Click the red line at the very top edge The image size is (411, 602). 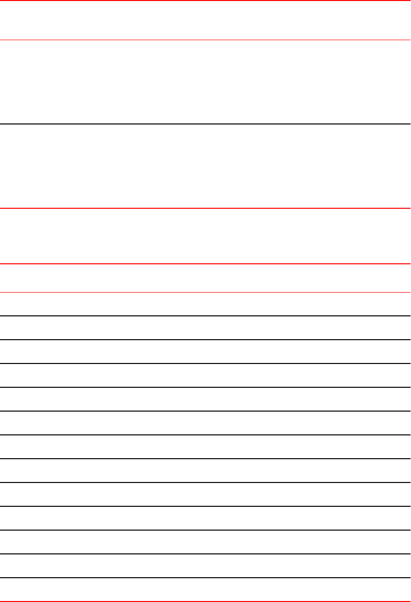[x=205, y=0]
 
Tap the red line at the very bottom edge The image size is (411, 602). [x=205, y=601]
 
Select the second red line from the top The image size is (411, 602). [x=205, y=40]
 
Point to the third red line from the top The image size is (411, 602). [x=205, y=208]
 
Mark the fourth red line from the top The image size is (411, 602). [x=205, y=263]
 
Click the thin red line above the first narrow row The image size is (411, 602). [x=205, y=292]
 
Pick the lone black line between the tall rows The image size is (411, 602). [x=205, y=124]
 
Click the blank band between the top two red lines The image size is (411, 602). [x=205, y=20]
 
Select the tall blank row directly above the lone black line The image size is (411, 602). [x=205, y=82]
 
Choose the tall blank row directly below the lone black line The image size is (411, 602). [x=205, y=166]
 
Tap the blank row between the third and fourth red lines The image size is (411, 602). [x=205, y=236]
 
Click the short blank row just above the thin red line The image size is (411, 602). [x=205, y=278]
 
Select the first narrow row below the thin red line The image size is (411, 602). [x=205, y=304]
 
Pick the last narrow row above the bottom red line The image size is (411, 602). [x=205, y=590]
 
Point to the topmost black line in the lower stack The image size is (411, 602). [x=205, y=316]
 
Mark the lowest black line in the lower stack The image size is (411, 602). [x=205, y=578]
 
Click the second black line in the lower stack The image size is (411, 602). [x=205, y=340]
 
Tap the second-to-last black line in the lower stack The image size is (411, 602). [x=205, y=554]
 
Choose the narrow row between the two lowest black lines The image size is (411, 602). [x=205, y=566]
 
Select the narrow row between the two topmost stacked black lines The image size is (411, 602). [x=205, y=328]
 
